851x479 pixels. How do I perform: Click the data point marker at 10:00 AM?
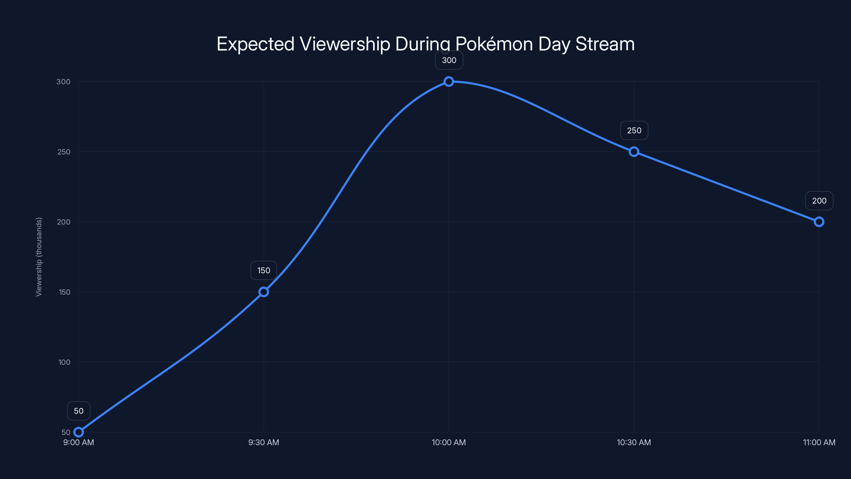pos(449,81)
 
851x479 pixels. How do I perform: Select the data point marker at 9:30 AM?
pos(264,292)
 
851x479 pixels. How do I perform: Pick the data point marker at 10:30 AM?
pos(634,152)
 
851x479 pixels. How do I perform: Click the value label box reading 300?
pos(449,60)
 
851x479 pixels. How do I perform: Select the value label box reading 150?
pos(264,270)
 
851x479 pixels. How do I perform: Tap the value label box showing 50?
pos(79,411)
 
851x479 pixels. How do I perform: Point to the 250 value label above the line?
pos(634,131)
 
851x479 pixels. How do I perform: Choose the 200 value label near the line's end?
pos(819,201)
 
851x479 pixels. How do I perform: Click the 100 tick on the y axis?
pos(64,362)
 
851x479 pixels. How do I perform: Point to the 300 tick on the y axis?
pos(64,82)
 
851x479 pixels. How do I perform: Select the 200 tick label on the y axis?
pos(64,222)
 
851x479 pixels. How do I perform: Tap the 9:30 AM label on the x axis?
pos(264,442)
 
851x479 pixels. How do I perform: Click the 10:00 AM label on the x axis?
pos(449,442)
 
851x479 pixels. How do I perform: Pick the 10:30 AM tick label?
pos(634,442)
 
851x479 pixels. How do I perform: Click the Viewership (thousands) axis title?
pos(39,257)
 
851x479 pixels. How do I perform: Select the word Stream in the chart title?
pos(605,44)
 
